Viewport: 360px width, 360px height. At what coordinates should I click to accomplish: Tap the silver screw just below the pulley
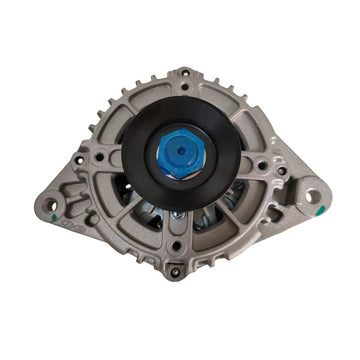178,213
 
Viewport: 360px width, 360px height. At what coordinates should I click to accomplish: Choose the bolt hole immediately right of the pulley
261,165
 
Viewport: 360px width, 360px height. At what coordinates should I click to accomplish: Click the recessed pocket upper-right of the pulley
244,118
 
